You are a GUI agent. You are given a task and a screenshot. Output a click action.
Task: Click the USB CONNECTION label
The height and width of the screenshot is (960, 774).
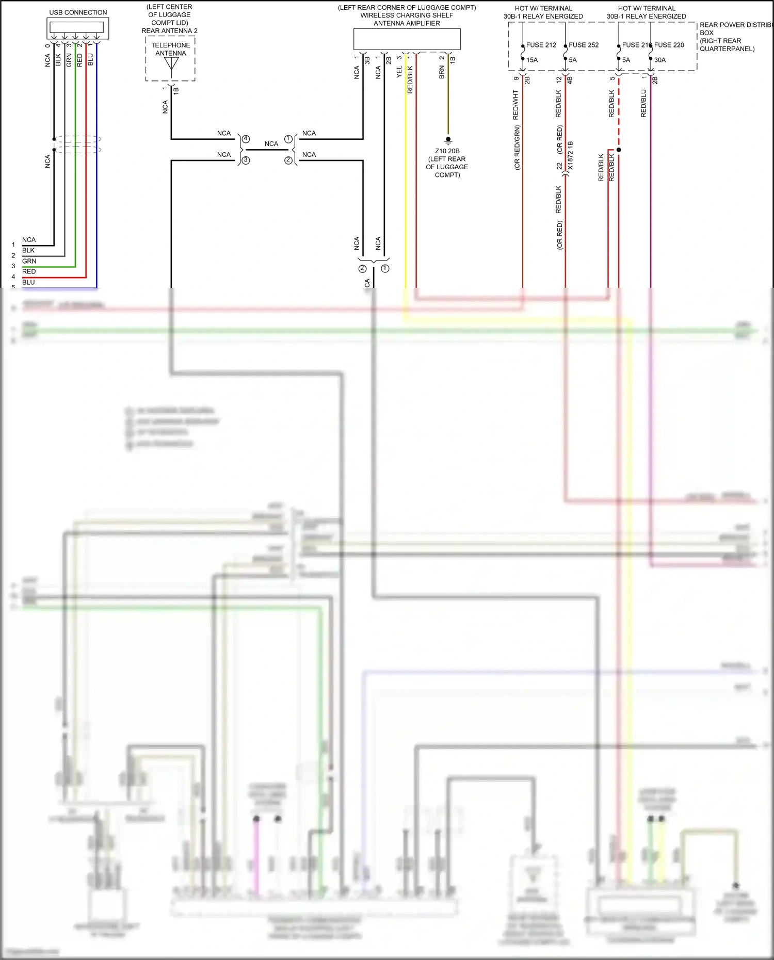[78, 12]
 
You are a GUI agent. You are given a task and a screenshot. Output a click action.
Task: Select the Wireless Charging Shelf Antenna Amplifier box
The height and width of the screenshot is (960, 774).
[407, 39]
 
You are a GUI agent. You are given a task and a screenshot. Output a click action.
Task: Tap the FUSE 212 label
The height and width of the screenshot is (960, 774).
[541, 45]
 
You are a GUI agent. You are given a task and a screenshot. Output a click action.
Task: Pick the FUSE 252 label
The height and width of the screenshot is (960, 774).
[584, 45]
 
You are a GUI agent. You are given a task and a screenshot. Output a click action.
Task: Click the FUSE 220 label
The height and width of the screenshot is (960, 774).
[669, 45]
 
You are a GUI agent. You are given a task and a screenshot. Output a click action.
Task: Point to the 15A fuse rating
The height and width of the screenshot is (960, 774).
[532, 60]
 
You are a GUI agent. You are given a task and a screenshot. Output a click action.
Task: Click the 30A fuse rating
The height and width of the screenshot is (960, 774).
[660, 60]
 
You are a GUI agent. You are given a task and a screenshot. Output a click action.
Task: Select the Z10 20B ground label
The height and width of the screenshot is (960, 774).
[447, 151]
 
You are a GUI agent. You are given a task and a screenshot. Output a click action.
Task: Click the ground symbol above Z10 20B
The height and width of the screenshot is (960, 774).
[448, 140]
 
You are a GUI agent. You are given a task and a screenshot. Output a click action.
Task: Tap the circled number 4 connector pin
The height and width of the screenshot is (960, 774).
[246, 139]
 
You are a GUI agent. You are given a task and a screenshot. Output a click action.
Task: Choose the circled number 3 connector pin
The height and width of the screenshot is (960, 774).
[246, 160]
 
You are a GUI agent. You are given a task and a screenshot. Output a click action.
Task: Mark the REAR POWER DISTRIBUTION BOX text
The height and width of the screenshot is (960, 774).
[735, 25]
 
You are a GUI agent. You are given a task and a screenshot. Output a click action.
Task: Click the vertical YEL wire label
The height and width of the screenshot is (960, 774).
[399, 72]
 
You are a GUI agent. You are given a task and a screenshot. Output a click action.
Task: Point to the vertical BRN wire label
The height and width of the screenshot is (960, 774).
[442, 72]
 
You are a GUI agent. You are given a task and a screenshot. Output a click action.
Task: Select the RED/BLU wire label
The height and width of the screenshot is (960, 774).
[643, 103]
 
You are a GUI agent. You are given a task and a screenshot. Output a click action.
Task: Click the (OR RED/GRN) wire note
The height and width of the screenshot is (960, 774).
[517, 148]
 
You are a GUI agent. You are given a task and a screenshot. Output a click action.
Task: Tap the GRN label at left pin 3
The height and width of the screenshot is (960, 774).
[29, 261]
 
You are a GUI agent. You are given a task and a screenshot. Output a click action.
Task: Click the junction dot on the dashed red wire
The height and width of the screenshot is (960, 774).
[619, 150]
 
